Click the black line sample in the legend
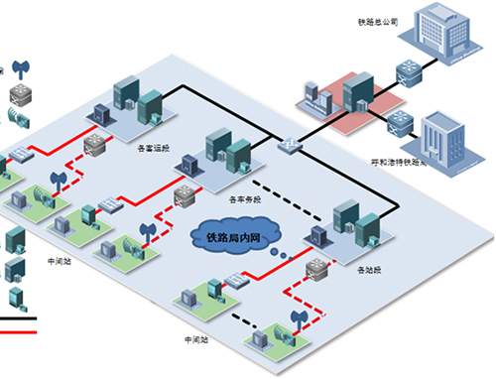[20, 319]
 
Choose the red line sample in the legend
[20, 332]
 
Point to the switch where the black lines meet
[289, 143]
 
